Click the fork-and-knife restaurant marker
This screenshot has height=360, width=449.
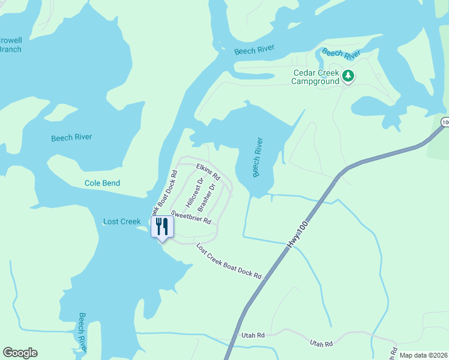click(x=161, y=227)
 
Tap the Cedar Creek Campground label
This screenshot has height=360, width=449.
click(x=316, y=77)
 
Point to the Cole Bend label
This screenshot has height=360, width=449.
click(x=102, y=183)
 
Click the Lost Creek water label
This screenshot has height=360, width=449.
click(x=122, y=221)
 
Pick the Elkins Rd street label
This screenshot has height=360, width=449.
click(x=208, y=172)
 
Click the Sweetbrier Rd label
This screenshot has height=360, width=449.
click(x=191, y=217)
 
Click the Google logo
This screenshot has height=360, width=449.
click(x=20, y=353)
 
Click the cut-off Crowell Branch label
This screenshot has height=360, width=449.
click(x=10, y=44)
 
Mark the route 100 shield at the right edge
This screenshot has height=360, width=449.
click(x=445, y=122)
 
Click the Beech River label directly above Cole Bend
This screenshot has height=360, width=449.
click(x=71, y=137)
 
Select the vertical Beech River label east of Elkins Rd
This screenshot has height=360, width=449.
click(x=258, y=158)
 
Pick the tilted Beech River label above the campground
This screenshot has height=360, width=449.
click(x=341, y=53)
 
